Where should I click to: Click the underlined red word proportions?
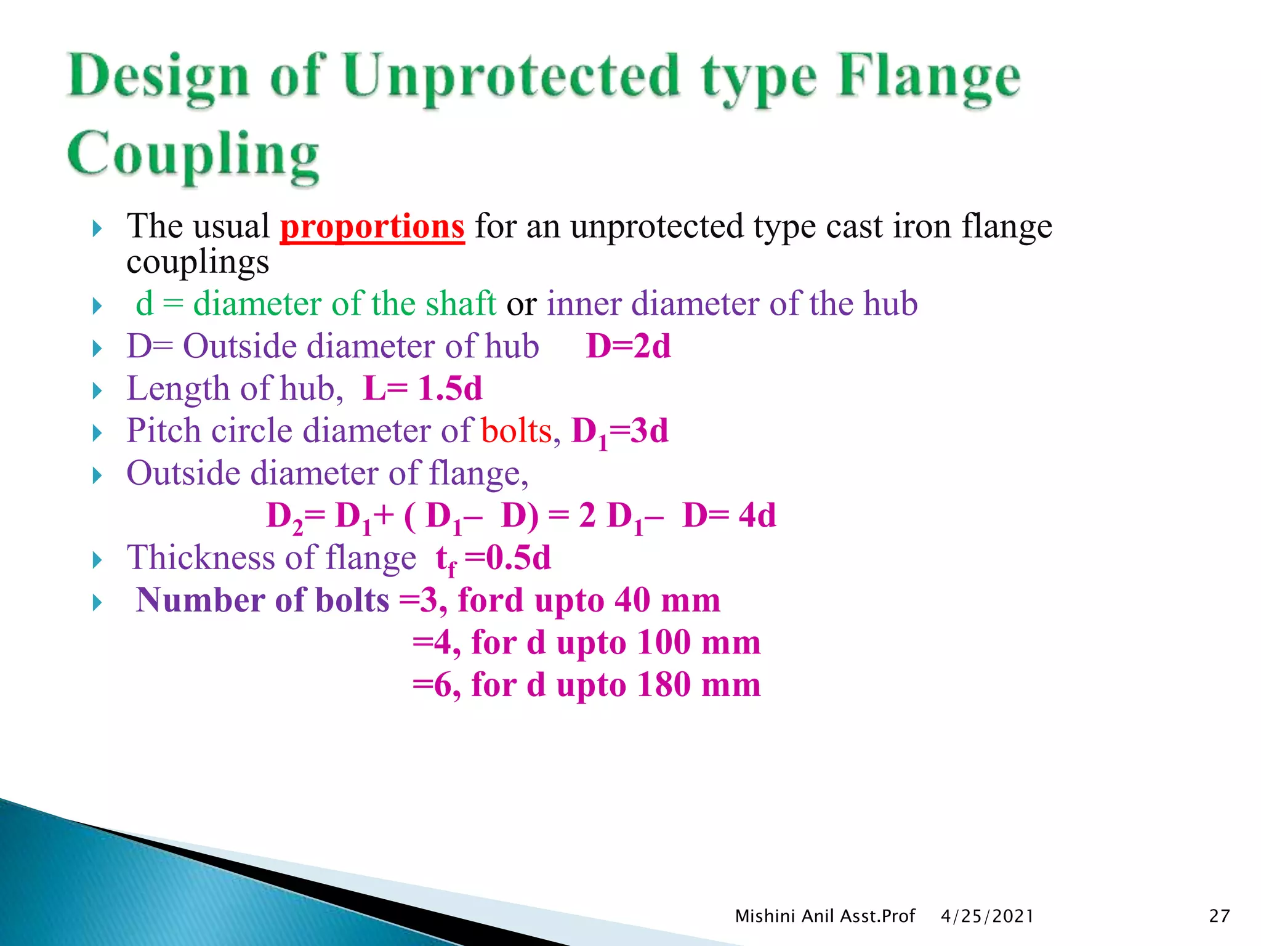pos(372,227)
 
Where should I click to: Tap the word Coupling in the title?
pos(193,155)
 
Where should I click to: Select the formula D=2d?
pos(628,346)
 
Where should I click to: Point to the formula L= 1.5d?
pos(422,389)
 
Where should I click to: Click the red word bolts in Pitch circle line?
pos(516,431)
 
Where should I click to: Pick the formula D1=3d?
pos(619,432)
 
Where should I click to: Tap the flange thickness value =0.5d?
pos(508,558)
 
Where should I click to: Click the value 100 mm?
pos(699,642)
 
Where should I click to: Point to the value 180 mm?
pos(699,685)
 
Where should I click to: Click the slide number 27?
pos(1219,916)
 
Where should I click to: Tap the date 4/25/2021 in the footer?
pos(987,916)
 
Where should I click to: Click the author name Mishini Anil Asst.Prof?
pos(825,916)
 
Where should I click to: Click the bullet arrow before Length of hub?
pos(97,390)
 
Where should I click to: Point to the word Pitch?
pos(163,431)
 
